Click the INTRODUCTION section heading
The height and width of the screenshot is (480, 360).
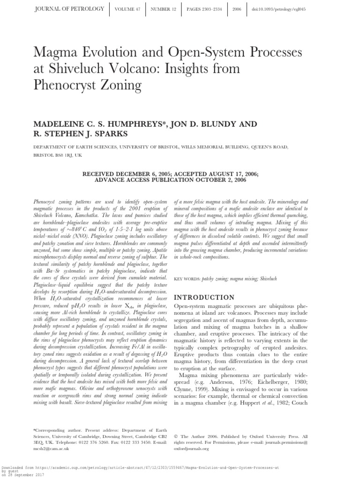coord(204,297)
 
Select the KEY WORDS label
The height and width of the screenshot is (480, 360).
coord(187,278)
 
